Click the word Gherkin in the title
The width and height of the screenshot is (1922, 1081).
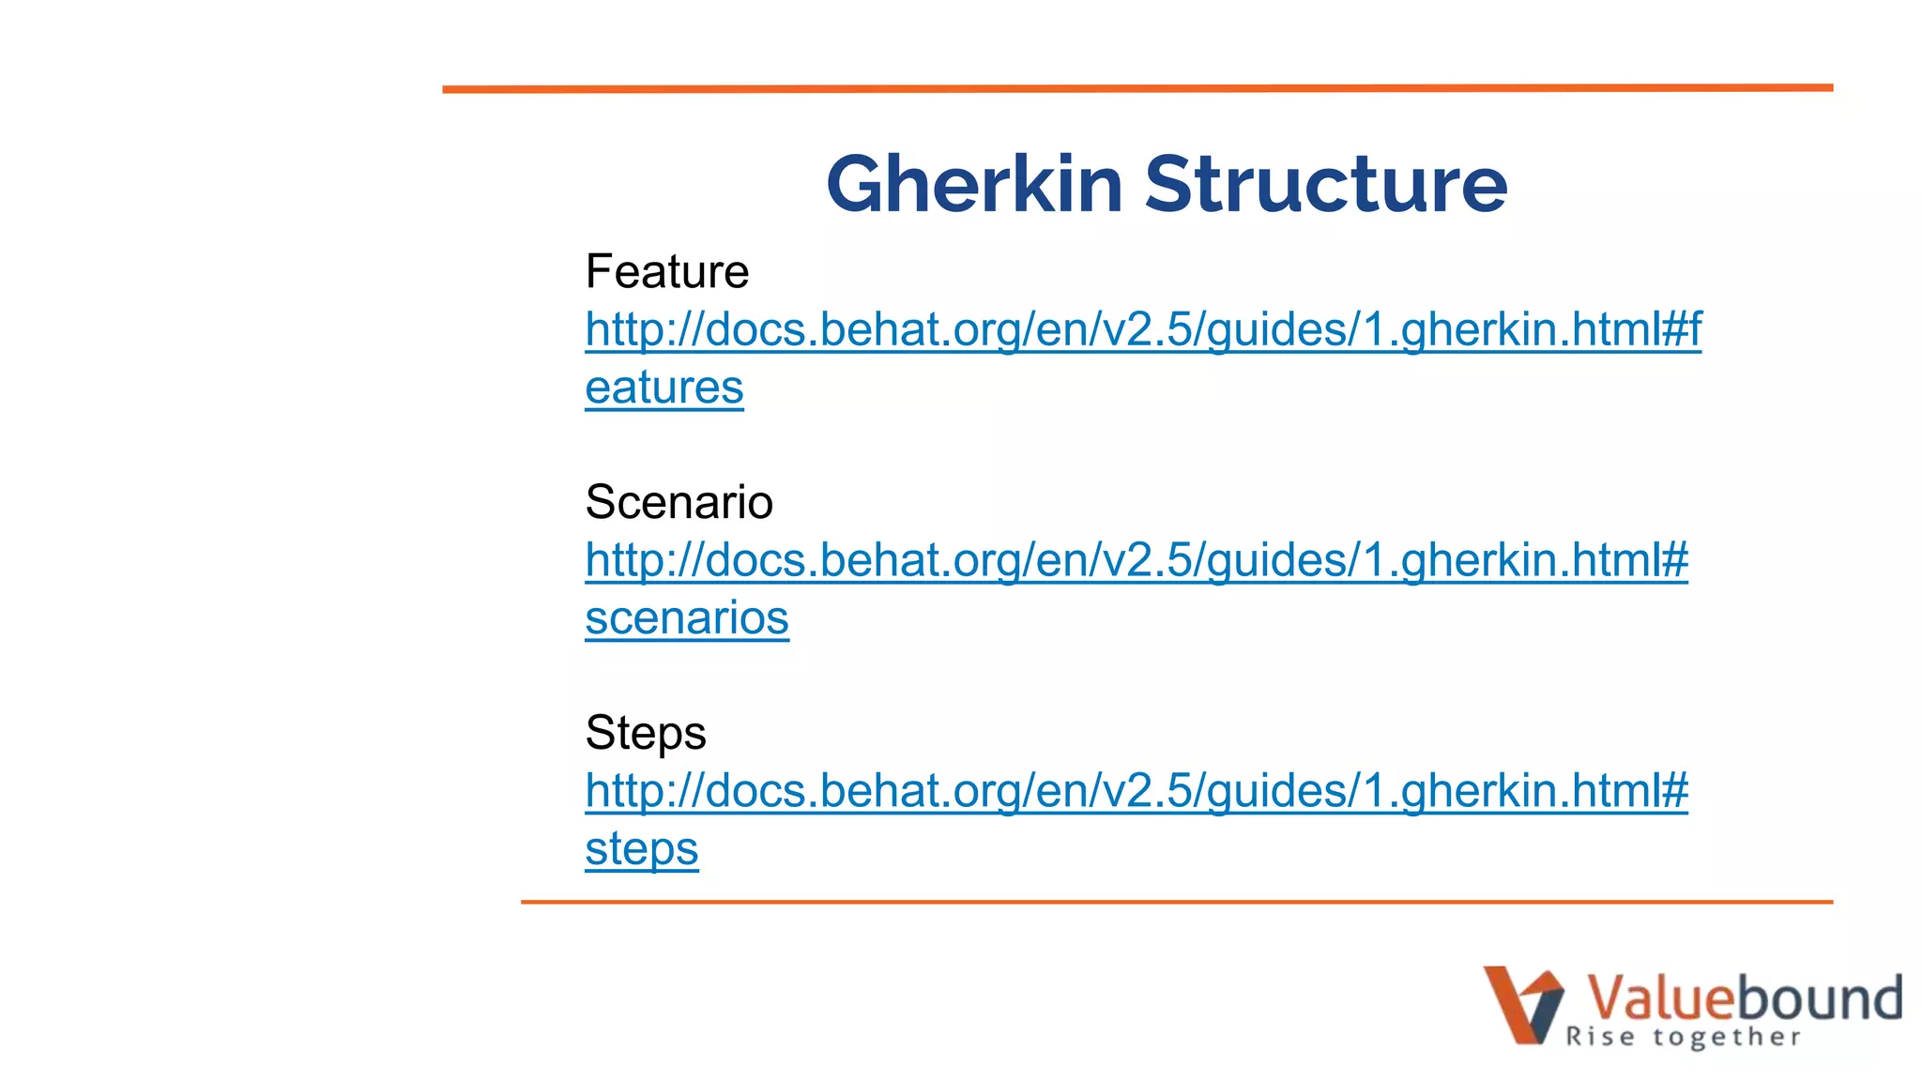(x=974, y=185)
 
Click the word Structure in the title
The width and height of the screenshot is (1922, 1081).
(x=1326, y=185)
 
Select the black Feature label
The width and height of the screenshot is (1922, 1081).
(x=667, y=272)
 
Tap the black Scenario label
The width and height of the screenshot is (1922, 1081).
(x=679, y=502)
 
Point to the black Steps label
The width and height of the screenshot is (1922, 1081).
(x=646, y=733)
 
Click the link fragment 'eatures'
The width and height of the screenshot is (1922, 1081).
(x=664, y=388)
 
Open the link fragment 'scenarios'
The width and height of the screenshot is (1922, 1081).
(x=687, y=618)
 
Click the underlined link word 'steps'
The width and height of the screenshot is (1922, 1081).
(x=642, y=849)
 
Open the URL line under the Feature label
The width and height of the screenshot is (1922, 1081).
(x=1143, y=330)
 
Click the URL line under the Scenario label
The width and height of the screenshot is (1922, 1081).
(x=1136, y=561)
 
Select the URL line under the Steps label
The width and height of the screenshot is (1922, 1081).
(x=1136, y=791)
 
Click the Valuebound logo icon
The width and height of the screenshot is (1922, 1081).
(x=1522, y=1005)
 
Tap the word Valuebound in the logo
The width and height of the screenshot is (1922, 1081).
(x=1744, y=997)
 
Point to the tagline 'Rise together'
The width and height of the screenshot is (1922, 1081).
(x=1683, y=1037)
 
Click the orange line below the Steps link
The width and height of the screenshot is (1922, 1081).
(x=1177, y=902)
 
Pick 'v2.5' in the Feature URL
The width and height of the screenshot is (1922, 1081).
(x=1147, y=330)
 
